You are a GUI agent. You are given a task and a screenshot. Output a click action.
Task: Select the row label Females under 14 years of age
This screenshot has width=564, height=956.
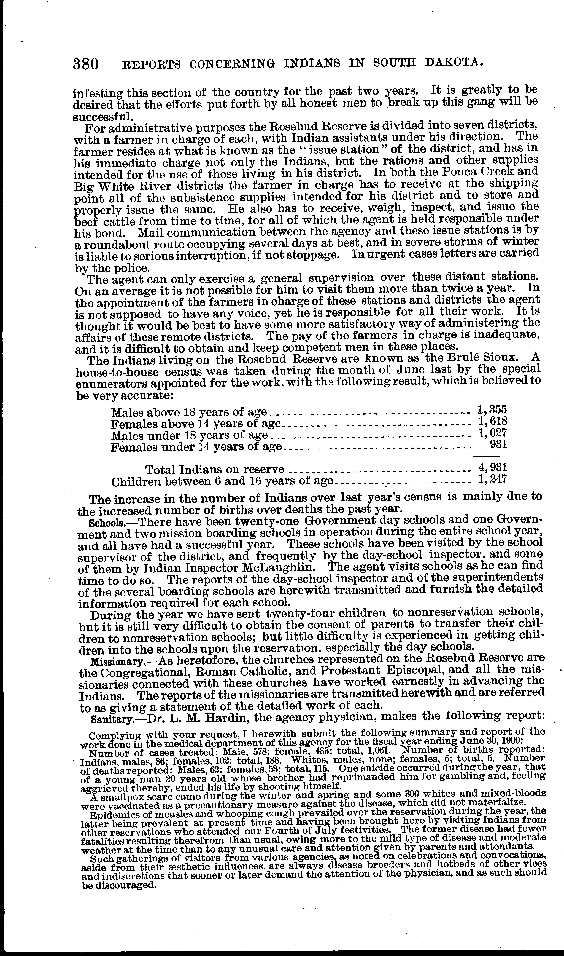tap(196, 447)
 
